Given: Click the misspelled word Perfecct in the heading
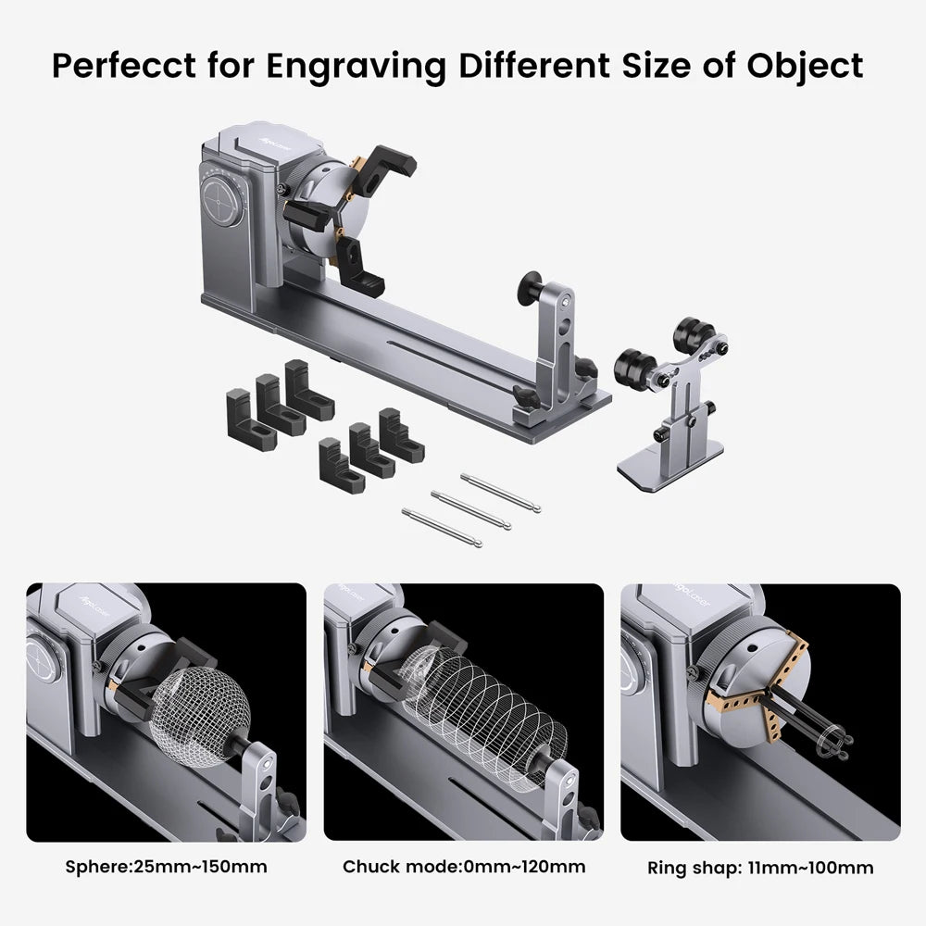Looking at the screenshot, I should (x=117, y=66).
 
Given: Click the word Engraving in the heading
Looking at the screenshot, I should (x=332, y=66).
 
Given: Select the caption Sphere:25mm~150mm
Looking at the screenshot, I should (x=166, y=868).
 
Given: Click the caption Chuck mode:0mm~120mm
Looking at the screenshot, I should (x=464, y=868).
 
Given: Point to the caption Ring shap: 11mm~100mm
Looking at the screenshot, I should (x=760, y=868).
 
